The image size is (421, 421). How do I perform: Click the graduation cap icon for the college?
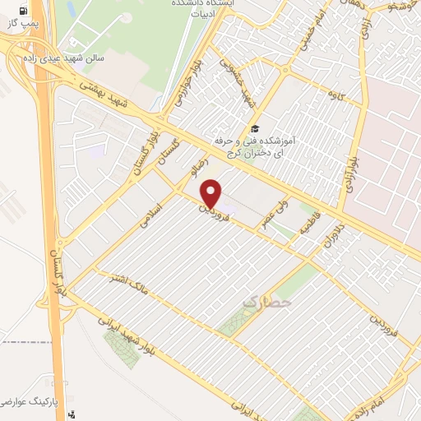255,129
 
